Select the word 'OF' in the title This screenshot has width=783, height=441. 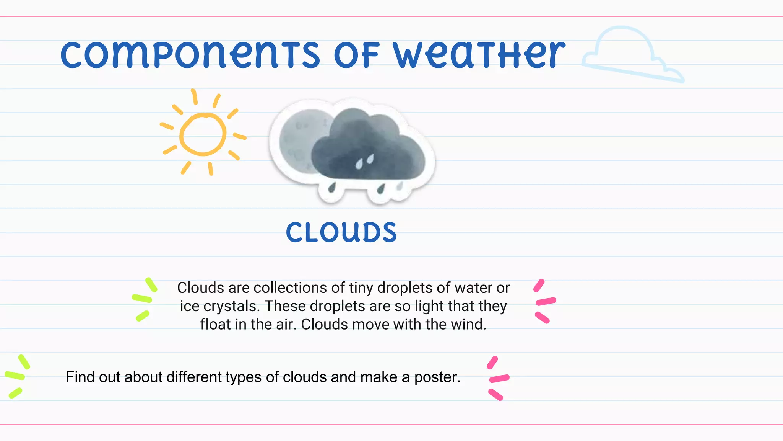(356, 56)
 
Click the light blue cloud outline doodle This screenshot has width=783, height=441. (627, 54)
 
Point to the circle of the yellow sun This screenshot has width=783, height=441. (203, 134)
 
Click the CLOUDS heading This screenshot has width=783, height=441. (341, 233)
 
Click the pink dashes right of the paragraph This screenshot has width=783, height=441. (544, 301)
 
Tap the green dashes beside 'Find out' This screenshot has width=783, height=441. (16, 376)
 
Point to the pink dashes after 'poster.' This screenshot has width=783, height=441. (497, 378)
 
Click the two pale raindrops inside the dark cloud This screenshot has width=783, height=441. (364, 162)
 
